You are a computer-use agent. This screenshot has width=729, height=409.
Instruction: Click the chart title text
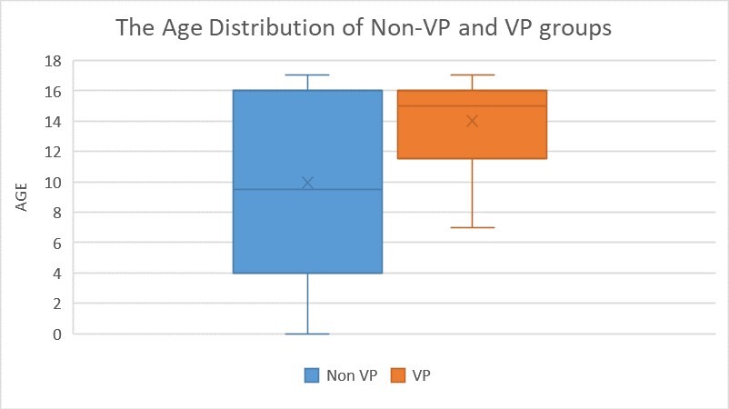(364, 27)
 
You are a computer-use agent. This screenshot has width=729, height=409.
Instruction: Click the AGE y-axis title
(21, 196)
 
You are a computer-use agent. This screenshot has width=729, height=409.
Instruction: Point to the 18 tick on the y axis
(54, 61)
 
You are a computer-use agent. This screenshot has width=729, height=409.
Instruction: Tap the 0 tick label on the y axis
(57, 334)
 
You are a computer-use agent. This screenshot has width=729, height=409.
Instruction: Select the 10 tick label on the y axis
(54, 182)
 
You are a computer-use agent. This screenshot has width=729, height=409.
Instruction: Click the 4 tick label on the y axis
(57, 273)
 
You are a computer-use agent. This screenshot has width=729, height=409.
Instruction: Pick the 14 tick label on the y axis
(54, 121)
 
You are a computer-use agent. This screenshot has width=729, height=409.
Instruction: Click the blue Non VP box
(307, 227)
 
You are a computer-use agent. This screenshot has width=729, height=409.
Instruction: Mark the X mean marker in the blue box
(307, 183)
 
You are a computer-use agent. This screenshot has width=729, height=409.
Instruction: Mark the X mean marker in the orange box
(472, 121)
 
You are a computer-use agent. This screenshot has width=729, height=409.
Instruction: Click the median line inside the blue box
(273, 189)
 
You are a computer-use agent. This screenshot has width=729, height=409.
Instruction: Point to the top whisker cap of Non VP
(307, 75)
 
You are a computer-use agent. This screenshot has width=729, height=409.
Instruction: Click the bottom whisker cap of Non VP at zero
(307, 334)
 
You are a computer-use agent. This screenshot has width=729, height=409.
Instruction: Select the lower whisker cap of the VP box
(472, 227)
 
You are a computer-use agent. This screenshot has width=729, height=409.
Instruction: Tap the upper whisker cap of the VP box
(472, 75)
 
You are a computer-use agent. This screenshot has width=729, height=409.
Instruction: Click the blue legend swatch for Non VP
(310, 374)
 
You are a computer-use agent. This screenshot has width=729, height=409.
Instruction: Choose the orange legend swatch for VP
(397, 374)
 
